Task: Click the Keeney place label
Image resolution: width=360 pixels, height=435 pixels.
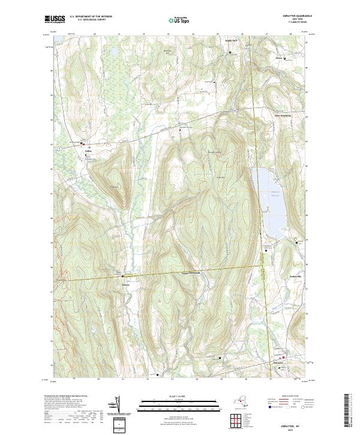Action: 126,284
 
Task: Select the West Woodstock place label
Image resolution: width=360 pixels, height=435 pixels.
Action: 283,115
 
